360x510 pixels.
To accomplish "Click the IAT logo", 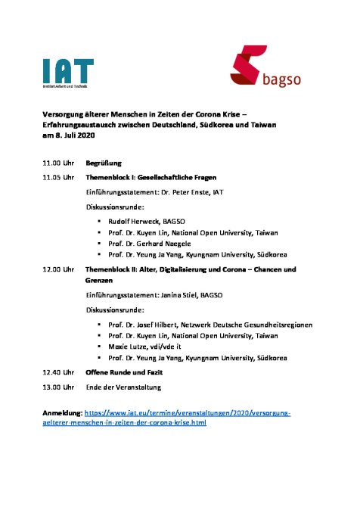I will [x=68, y=73].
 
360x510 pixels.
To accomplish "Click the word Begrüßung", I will [x=104, y=163].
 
